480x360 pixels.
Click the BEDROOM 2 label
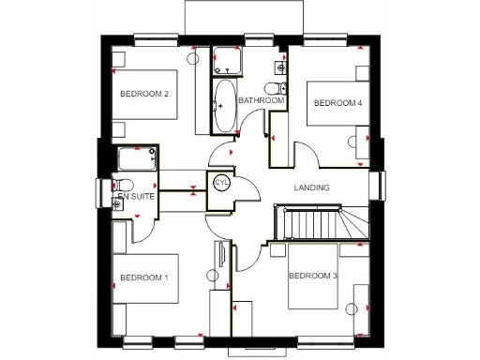tap(144, 94)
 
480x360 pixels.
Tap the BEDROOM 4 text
tap(337, 103)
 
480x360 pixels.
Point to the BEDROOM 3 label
tap(312, 276)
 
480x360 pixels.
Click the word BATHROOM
tap(261, 100)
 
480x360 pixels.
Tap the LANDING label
tap(311, 187)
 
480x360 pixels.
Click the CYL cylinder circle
tap(222, 183)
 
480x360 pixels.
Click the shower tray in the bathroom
tap(226, 62)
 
